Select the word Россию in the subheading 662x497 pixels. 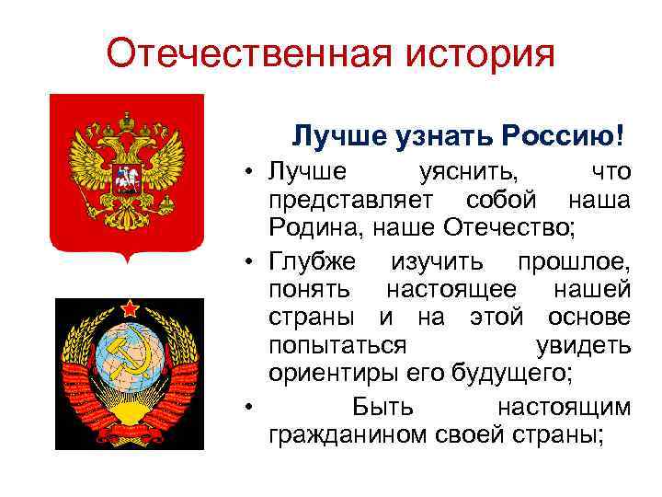[x=566, y=136]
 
